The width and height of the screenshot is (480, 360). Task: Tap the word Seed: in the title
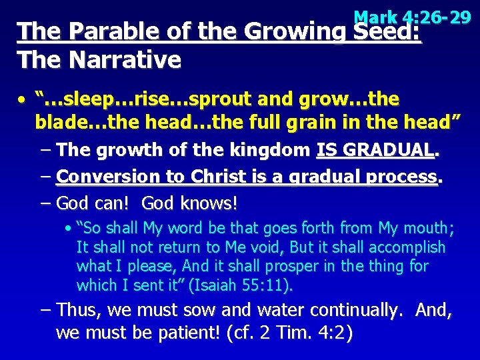387,33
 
